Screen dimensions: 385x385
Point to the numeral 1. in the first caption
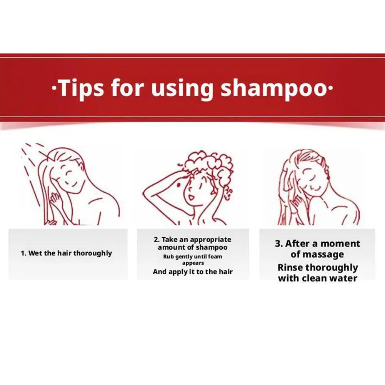[23, 253]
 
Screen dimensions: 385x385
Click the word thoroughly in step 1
[92, 253]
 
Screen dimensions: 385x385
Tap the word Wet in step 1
[35, 253]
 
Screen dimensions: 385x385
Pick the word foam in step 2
[215, 257]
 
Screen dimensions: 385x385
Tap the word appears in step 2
[193, 263]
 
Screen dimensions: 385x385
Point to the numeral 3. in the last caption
[279, 244]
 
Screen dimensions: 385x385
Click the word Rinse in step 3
[290, 268]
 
